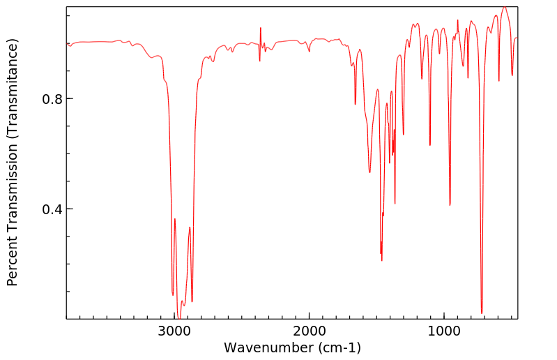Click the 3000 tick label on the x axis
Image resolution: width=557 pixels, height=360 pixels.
tap(175, 330)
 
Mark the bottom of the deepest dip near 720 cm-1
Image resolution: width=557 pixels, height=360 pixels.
tap(482, 313)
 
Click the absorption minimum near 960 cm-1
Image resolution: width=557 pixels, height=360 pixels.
tap(450, 204)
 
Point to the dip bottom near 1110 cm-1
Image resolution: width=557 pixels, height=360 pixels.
tap(429, 145)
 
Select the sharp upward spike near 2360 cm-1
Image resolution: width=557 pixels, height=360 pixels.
tap(261, 28)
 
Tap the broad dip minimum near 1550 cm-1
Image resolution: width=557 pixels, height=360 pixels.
tap(369, 172)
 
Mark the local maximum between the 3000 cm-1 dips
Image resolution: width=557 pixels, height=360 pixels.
tap(175, 219)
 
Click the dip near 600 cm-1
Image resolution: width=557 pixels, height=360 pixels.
tap(498, 81)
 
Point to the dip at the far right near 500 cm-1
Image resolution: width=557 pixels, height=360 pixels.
tap(512, 75)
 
